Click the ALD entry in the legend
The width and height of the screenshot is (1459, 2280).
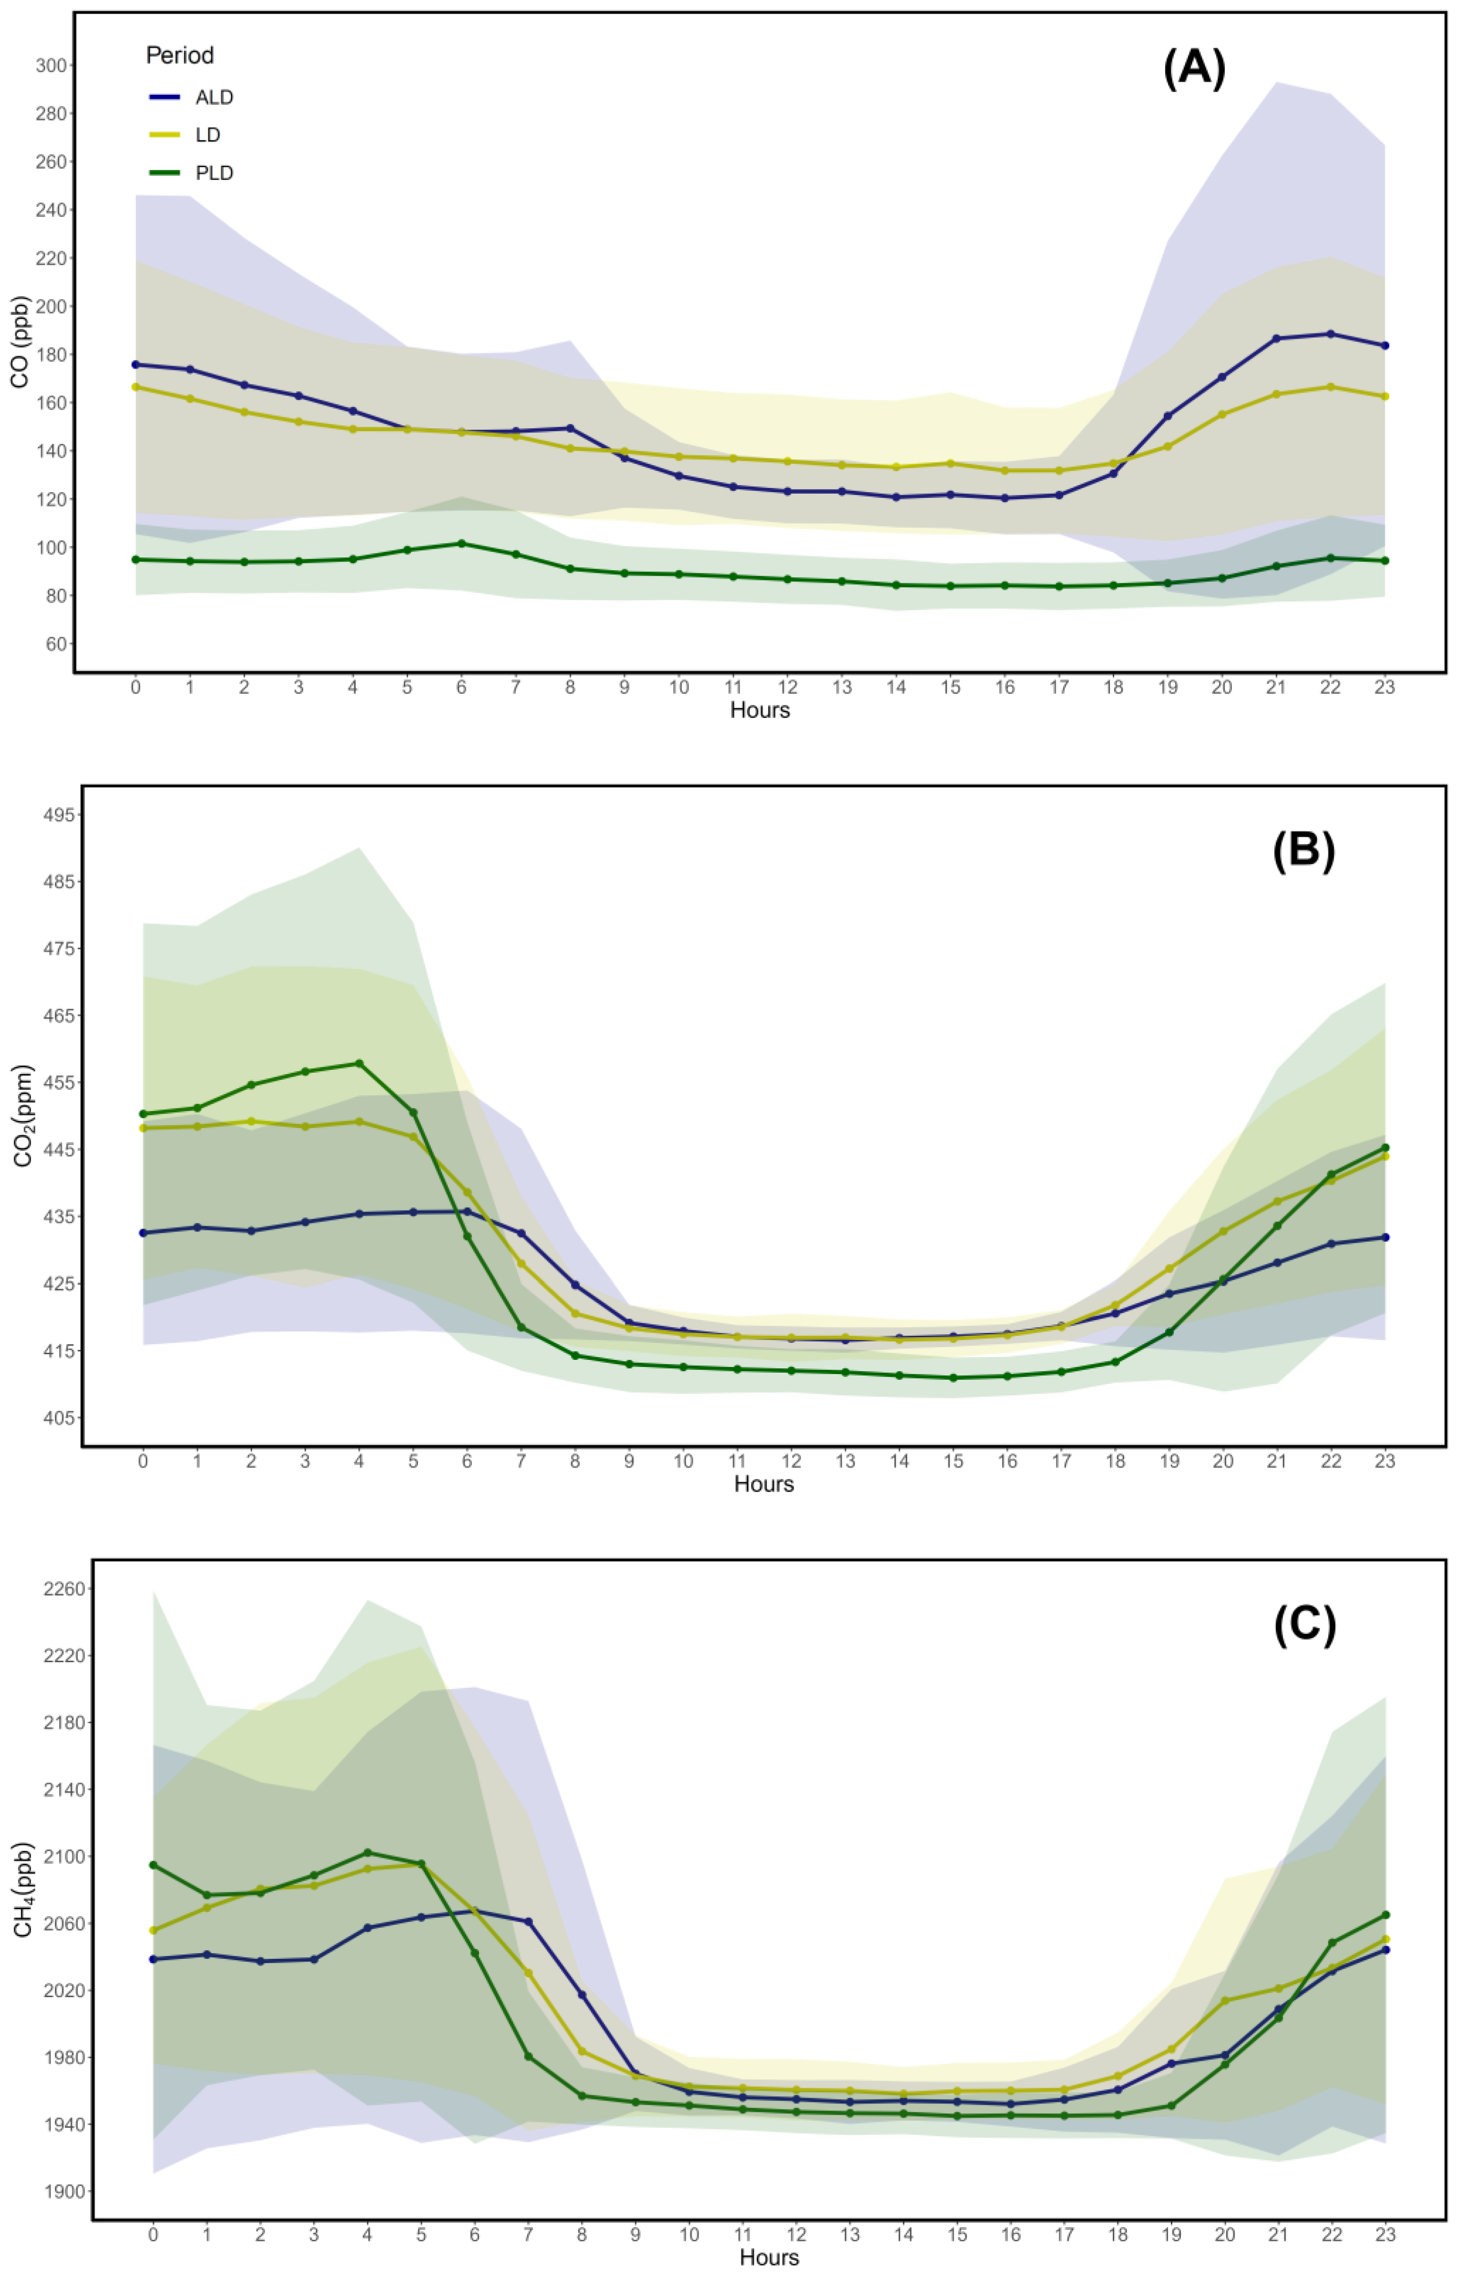214,98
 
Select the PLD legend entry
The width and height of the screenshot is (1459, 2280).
214,173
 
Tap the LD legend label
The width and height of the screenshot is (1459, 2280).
207,136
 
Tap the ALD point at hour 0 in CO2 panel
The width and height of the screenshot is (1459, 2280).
143,1232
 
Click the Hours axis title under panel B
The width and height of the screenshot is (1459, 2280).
764,1484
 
